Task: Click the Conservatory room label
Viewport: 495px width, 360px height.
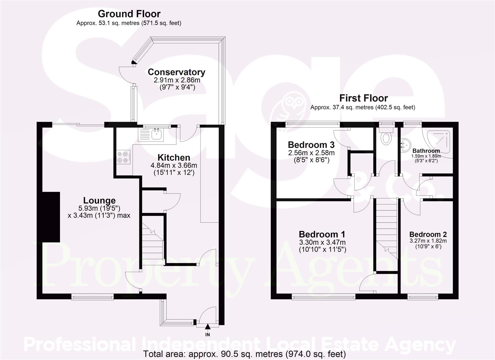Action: click(x=176, y=72)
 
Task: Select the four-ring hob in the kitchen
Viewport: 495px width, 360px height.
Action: click(x=123, y=157)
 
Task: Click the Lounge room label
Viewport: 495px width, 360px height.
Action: click(x=99, y=200)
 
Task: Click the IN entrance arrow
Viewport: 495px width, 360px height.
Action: click(x=207, y=329)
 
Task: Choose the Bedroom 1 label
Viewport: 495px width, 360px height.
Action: click(x=322, y=234)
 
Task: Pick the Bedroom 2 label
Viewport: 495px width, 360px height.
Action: click(x=428, y=234)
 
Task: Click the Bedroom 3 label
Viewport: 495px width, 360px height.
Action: click(x=311, y=145)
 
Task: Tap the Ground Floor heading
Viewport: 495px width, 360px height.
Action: click(x=129, y=14)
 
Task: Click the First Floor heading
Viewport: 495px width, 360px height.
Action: click(x=363, y=98)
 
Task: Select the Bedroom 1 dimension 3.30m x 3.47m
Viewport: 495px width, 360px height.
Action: click(x=322, y=242)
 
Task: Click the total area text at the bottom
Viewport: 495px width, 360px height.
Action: click(x=244, y=354)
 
